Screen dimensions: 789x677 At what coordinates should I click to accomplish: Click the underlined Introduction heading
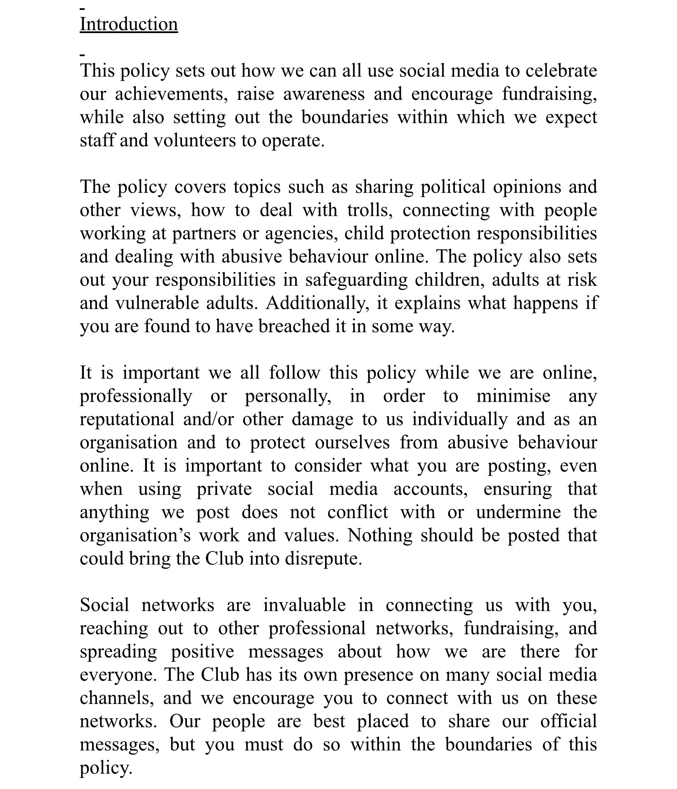click(x=128, y=24)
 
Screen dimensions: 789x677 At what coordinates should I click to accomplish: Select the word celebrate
click(x=561, y=71)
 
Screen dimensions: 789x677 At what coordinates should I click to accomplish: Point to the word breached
click(x=294, y=327)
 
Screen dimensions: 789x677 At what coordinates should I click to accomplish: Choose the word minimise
click(x=513, y=396)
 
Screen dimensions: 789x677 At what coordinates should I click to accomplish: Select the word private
click(x=224, y=489)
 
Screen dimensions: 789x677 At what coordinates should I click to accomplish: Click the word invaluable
click(x=305, y=605)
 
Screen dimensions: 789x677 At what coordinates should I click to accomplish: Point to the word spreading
click(x=118, y=652)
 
